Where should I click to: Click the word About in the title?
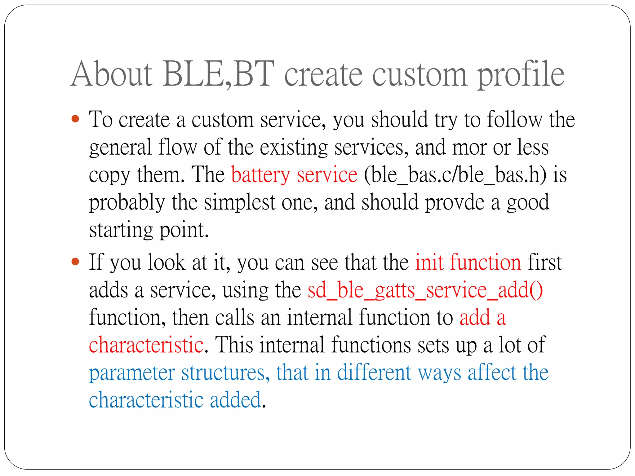pos(112,74)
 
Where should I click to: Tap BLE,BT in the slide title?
pos(218,74)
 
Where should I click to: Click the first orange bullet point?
pos(75,119)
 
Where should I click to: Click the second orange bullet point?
pos(75,262)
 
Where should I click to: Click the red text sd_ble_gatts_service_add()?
pos(425,291)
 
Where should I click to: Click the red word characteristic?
pos(146,345)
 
